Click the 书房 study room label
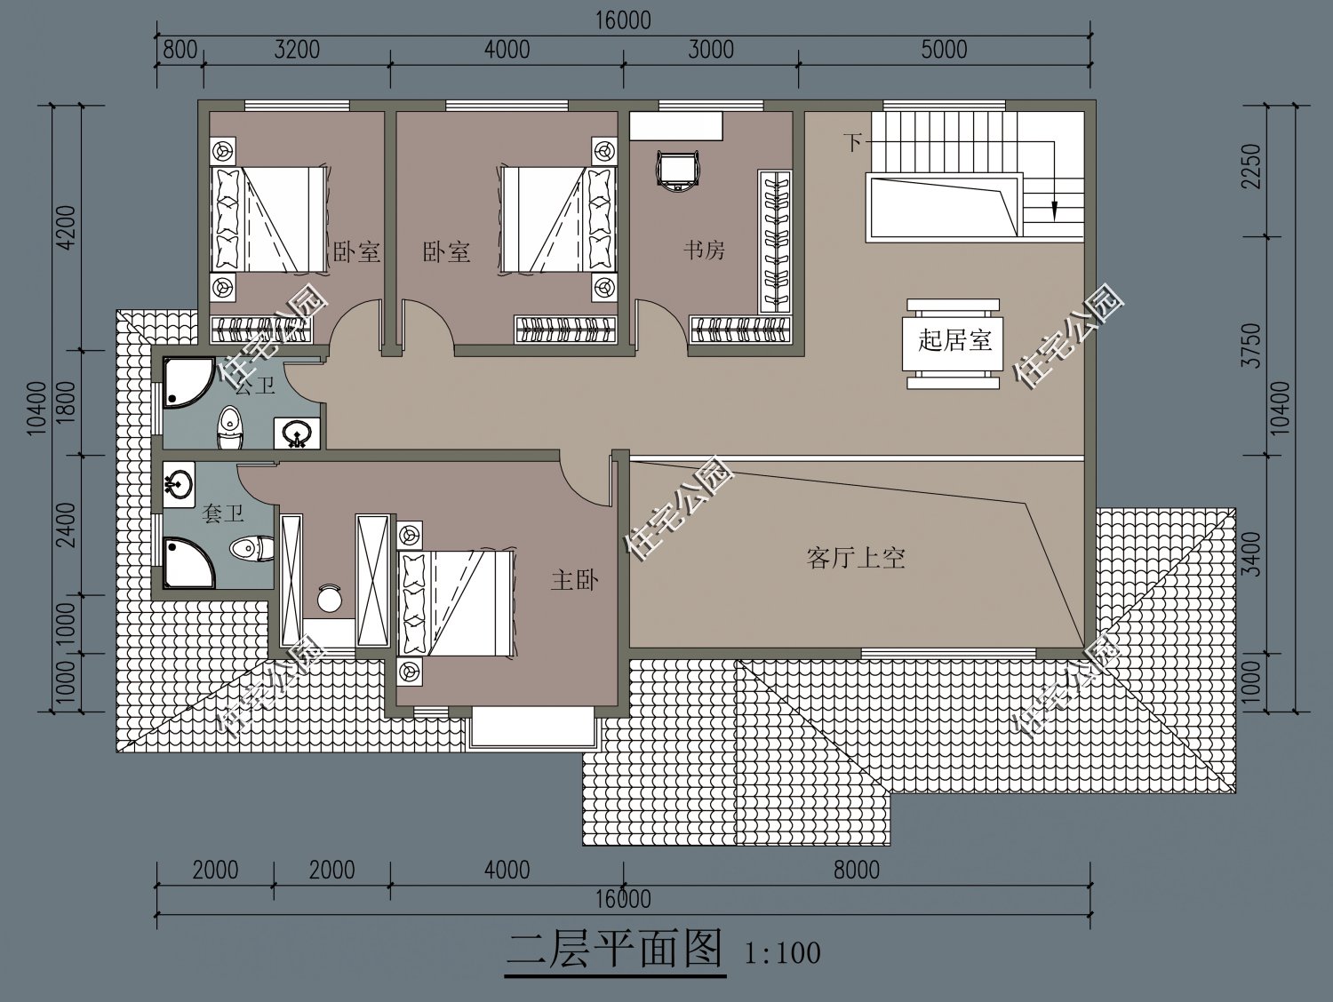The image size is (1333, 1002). click(x=704, y=250)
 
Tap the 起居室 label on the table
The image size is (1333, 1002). click(x=954, y=340)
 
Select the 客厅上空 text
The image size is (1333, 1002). click(x=856, y=558)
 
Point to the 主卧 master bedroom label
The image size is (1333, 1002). click(x=574, y=581)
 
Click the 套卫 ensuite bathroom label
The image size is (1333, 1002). click(x=221, y=513)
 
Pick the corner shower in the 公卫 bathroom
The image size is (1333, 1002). click(x=185, y=384)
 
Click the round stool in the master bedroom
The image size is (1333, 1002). click(x=330, y=598)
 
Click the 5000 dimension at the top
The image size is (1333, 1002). click(x=943, y=49)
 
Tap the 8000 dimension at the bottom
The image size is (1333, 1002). click(x=856, y=870)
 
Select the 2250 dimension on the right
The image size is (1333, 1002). click(x=1252, y=167)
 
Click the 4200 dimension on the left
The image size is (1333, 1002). click(x=67, y=227)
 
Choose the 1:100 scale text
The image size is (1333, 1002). click(x=782, y=954)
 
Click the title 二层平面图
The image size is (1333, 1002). click(x=614, y=950)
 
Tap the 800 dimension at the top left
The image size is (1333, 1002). click(x=180, y=49)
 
